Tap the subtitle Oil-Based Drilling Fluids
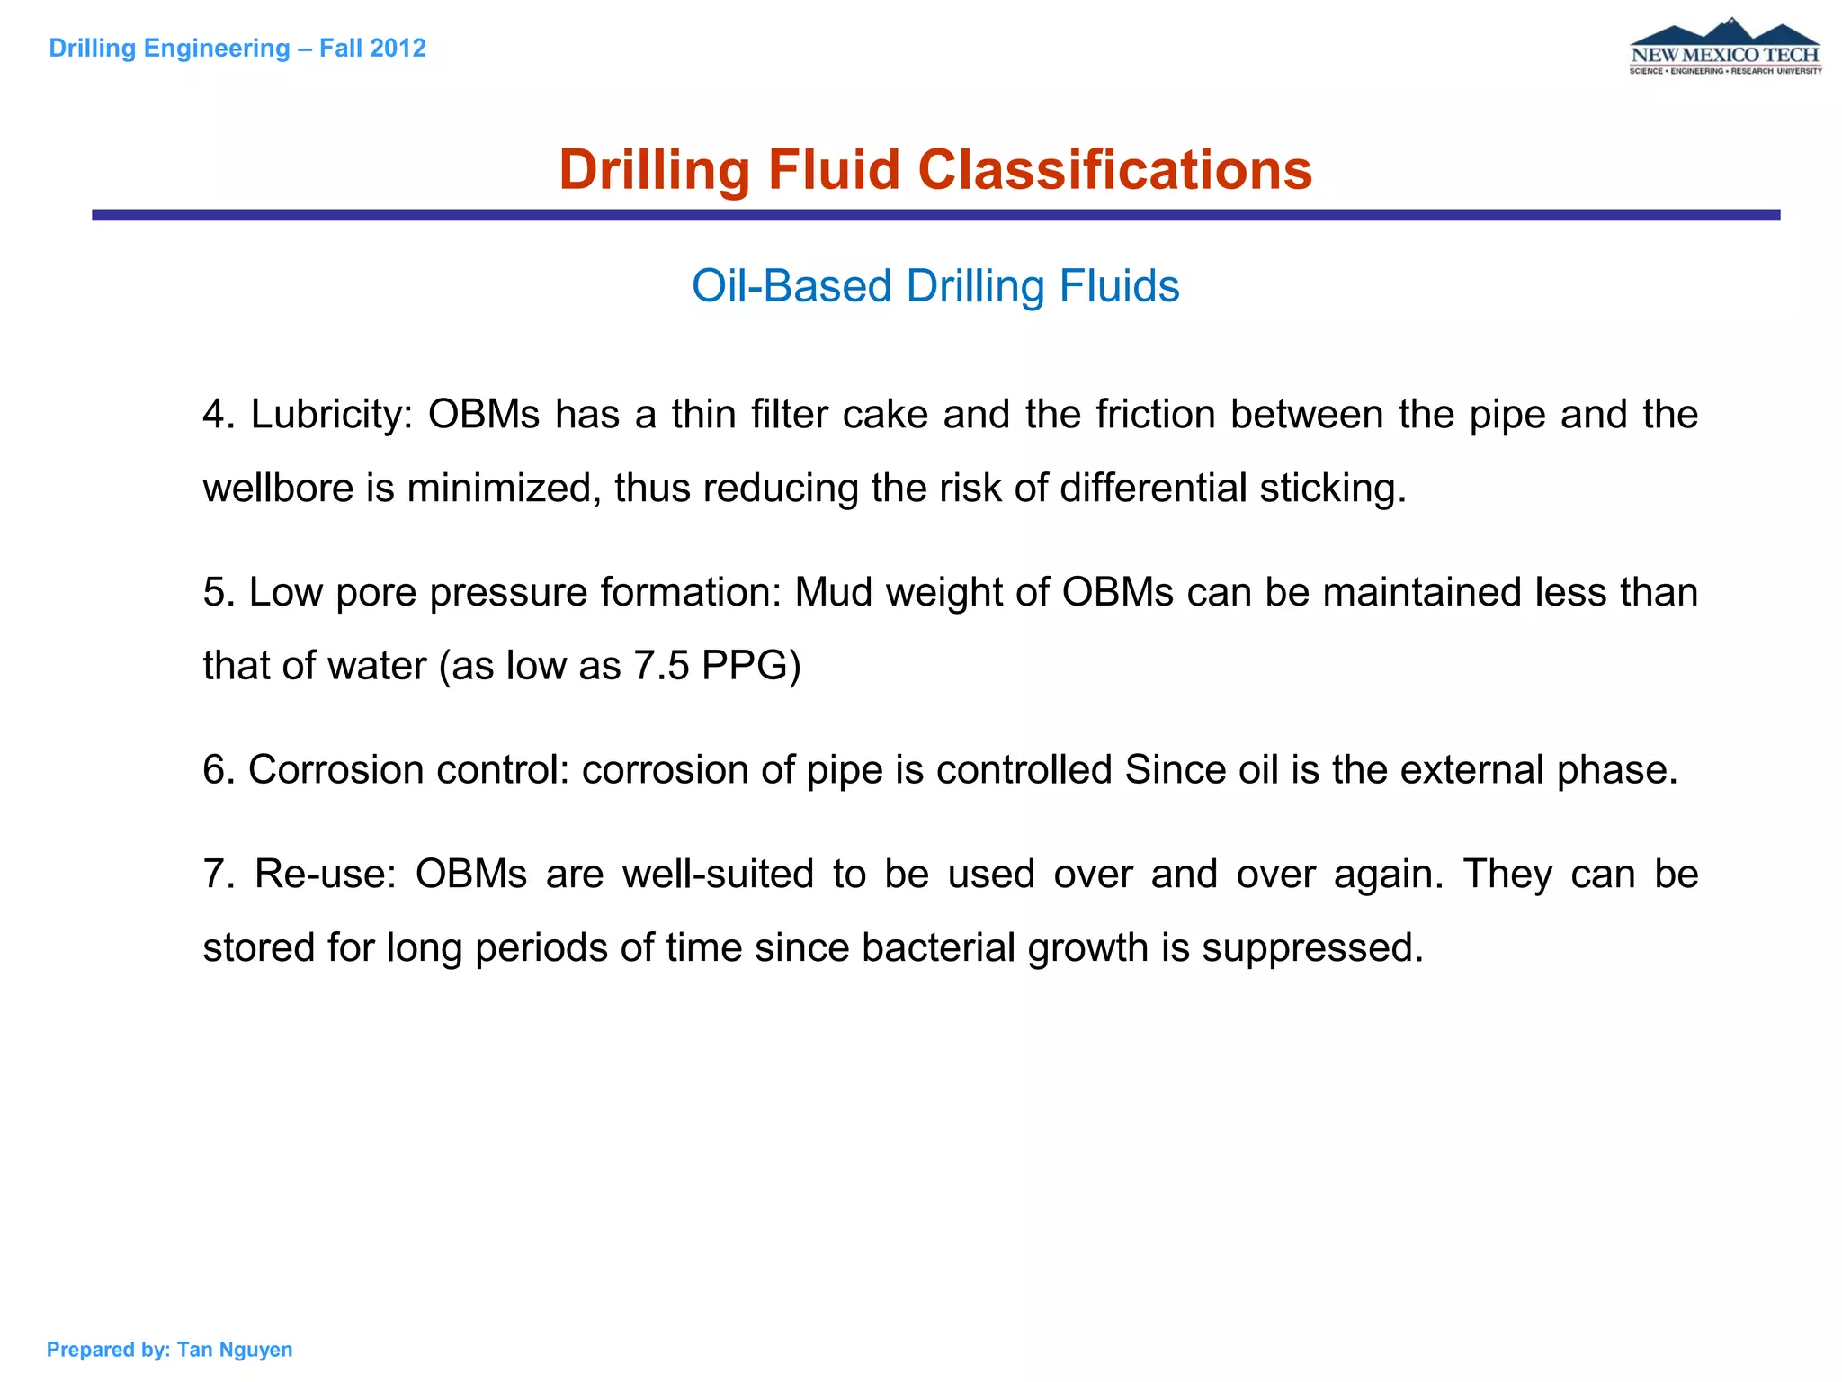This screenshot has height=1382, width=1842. coord(935,286)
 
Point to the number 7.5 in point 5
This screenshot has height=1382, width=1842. coord(661,666)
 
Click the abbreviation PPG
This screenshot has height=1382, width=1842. coord(751,666)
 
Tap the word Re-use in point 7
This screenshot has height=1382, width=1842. coord(325,875)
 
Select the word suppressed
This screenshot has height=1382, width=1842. coord(1312,947)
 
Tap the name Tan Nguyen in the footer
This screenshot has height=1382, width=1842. coord(235,1350)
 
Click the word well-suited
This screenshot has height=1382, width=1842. coord(718,875)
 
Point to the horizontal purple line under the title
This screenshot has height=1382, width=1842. coord(935,215)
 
